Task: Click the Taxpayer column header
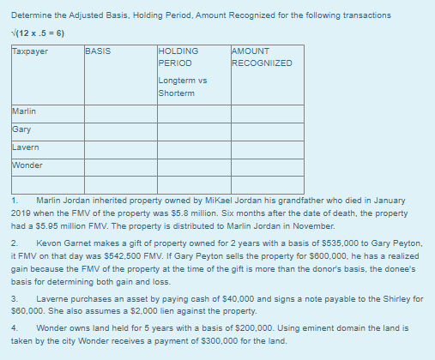pos(30,51)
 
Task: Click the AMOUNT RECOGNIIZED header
pos(262,57)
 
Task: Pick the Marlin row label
pos(25,111)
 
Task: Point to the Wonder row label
pos(28,165)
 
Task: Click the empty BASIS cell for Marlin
pos(119,111)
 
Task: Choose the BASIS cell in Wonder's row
pos(119,165)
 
